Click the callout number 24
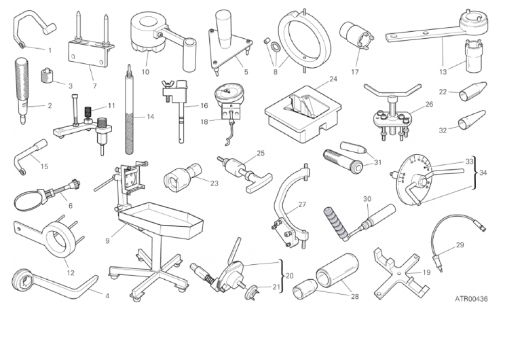(333, 79)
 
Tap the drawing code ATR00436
(471, 299)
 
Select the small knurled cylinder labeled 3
(48, 76)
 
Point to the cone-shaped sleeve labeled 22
(473, 91)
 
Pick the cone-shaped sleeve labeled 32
(472, 120)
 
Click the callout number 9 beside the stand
(107, 240)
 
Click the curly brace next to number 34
(476, 173)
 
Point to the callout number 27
(302, 204)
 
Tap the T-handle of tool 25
(259, 183)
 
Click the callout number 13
(443, 72)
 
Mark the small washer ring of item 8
(276, 46)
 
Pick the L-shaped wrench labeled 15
(31, 156)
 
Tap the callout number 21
(276, 287)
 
